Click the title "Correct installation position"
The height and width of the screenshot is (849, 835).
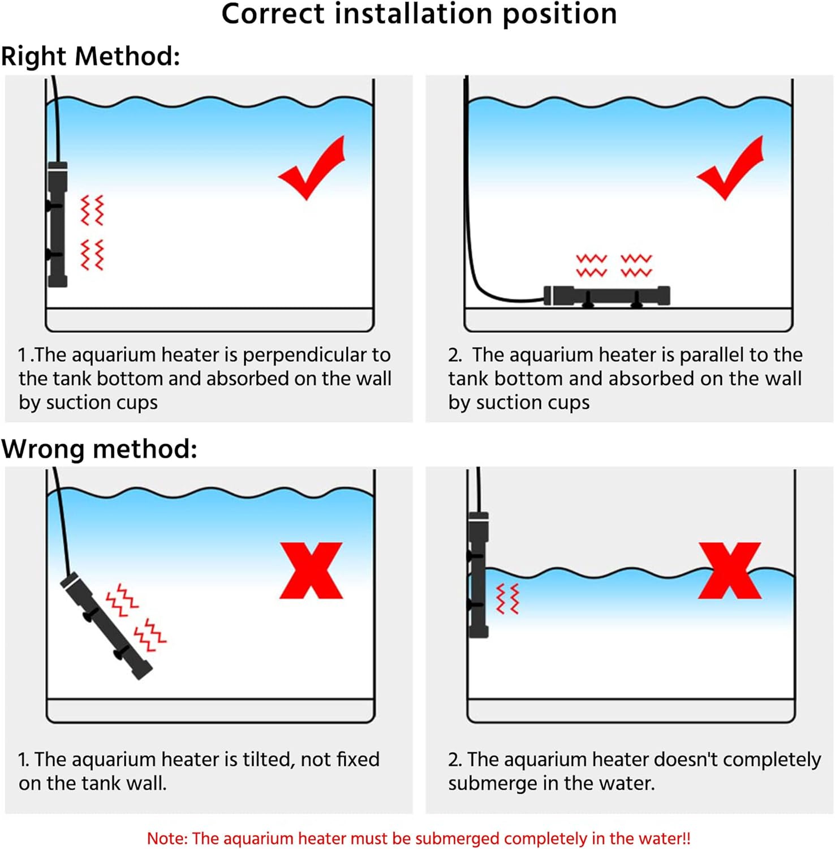[x=419, y=14]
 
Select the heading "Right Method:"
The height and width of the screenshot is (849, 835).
[x=91, y=56]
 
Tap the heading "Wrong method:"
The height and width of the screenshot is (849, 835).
[x=100, y=449]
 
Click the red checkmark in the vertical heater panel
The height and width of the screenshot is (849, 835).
[x=312, y=168]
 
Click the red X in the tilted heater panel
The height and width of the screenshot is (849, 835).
[x=312, y=571]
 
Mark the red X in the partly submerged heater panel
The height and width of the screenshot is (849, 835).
[x=730, y=571]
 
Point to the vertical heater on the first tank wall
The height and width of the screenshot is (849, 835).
[x=57, y=225]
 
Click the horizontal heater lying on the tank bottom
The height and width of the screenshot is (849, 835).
[x=607, y=296]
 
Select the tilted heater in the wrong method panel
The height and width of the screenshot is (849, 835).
[x=106, y=625]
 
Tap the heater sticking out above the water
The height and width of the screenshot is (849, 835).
[x=479, y=575]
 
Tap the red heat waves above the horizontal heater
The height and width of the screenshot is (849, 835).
[x=614, y=265]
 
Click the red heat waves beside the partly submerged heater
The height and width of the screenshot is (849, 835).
[x=507, y=599]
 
